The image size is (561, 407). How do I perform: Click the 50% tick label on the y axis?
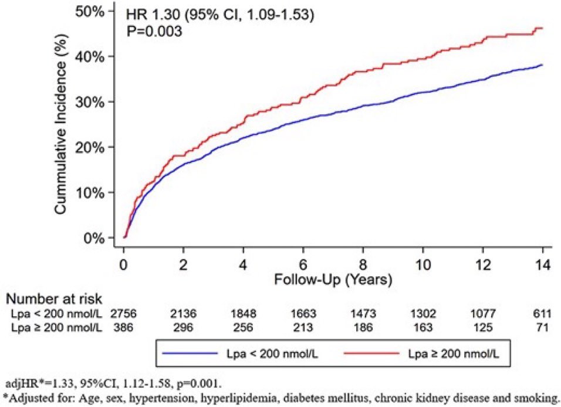click(89, 12)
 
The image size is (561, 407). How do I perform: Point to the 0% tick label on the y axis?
click(94, 238)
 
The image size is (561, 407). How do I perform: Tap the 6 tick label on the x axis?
click(303, 265)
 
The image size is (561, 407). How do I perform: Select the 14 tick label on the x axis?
click(543, 265)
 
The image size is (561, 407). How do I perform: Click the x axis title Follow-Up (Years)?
click(333, 279)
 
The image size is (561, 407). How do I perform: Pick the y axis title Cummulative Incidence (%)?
click(61, 124)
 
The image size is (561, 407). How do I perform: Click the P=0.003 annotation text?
click(154, 31)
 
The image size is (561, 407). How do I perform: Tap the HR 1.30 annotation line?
click(220, 15)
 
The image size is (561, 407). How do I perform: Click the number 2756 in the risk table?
click(123, 314)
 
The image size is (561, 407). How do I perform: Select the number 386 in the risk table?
click(123, 328)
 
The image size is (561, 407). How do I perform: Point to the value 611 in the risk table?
click(542, 314)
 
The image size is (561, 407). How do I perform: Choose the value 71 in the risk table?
click(542, 328)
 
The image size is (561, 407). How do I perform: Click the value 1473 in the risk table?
click(363, 314)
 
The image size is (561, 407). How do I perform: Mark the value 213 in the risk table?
click(303, 328)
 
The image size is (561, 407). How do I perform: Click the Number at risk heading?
click(54, 299)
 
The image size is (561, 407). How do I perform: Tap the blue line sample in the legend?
click(190, 354)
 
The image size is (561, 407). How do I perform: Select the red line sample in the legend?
click(371, 354)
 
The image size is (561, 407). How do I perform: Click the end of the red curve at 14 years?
click(543, 28)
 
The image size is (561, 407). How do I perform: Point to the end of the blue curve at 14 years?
click(543, 65)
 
